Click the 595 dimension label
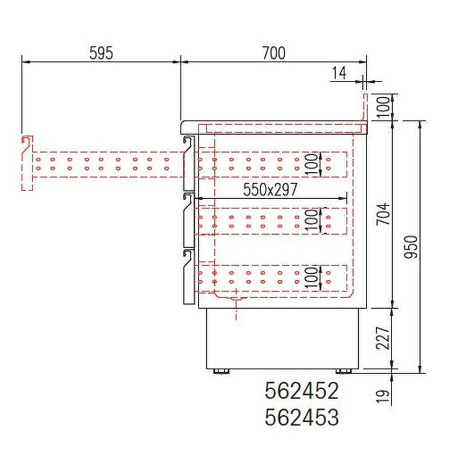(101, 53)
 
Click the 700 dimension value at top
(274, 53)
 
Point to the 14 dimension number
(339, 73)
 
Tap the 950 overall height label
(411, 246)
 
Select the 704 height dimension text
(383, 214)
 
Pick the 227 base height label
(383, 338)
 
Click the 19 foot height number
(383, 396)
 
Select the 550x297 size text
(270, 189)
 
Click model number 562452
(302, 390)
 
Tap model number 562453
(302, 416)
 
